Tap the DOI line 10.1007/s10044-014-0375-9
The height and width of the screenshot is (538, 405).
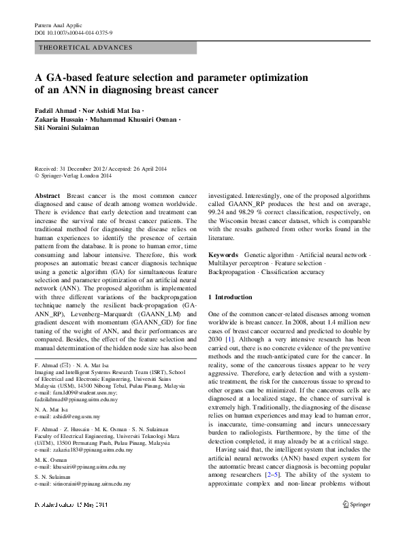click(x=74, y=33)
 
